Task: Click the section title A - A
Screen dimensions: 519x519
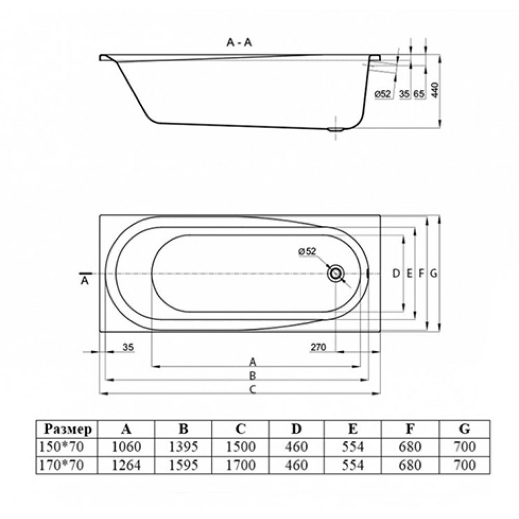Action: pos(239,44)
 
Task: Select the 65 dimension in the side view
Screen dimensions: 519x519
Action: pos(419,94)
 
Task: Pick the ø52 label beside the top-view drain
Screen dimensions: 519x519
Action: pos(307,252)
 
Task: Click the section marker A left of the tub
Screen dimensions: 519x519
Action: pos(85,281)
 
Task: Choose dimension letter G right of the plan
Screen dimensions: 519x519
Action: pos(433,274)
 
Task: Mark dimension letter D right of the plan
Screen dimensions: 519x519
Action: pos(396,274)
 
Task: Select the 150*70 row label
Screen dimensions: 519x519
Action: pos(62,447)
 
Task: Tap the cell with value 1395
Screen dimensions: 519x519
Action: pos(183,447)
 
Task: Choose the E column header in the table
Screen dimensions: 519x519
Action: pos(353,429)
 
